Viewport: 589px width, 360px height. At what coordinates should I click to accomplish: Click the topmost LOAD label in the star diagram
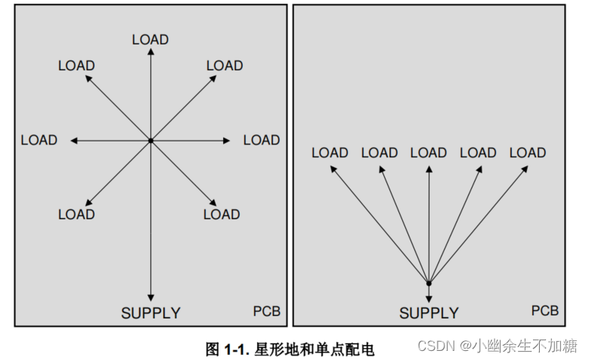click(150, 39)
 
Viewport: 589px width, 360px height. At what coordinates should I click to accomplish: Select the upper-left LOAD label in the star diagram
click(76, 66)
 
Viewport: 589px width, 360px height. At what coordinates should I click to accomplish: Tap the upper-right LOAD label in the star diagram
click(225, 66)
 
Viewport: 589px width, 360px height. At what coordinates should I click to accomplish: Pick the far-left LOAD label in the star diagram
click(39, 140)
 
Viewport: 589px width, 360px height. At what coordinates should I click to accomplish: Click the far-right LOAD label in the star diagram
click(262, 140)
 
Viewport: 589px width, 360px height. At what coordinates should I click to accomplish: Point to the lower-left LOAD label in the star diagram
click(76, 214)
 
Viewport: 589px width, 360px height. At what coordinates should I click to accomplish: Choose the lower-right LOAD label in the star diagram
click(222, 214)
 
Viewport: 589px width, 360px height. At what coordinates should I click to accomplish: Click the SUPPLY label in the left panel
click(150, 312)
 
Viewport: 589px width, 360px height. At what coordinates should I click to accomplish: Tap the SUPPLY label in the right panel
click(429, 312)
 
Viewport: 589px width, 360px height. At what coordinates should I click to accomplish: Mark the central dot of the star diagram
click(150, 141)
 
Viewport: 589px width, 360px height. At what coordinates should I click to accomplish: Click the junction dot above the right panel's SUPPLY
click(429, 284)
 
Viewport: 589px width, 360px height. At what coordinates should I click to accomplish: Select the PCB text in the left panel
click(267, 311)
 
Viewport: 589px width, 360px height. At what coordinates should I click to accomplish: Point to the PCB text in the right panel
click(544, 311)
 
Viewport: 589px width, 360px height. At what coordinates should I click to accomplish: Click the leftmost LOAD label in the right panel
click(330, 153)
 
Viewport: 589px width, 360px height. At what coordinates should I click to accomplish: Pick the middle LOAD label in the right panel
click(429, 153)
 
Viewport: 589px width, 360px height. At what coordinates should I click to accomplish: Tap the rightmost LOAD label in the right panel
click(528, 153)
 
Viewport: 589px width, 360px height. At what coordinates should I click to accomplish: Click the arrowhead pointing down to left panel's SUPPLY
click(150, 296)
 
